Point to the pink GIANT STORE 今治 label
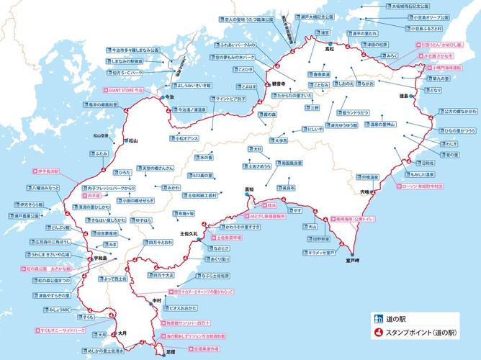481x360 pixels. [x=127, y=91]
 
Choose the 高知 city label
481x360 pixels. [x=249, y=189]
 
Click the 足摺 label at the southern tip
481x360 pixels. [x=170, y=351]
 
